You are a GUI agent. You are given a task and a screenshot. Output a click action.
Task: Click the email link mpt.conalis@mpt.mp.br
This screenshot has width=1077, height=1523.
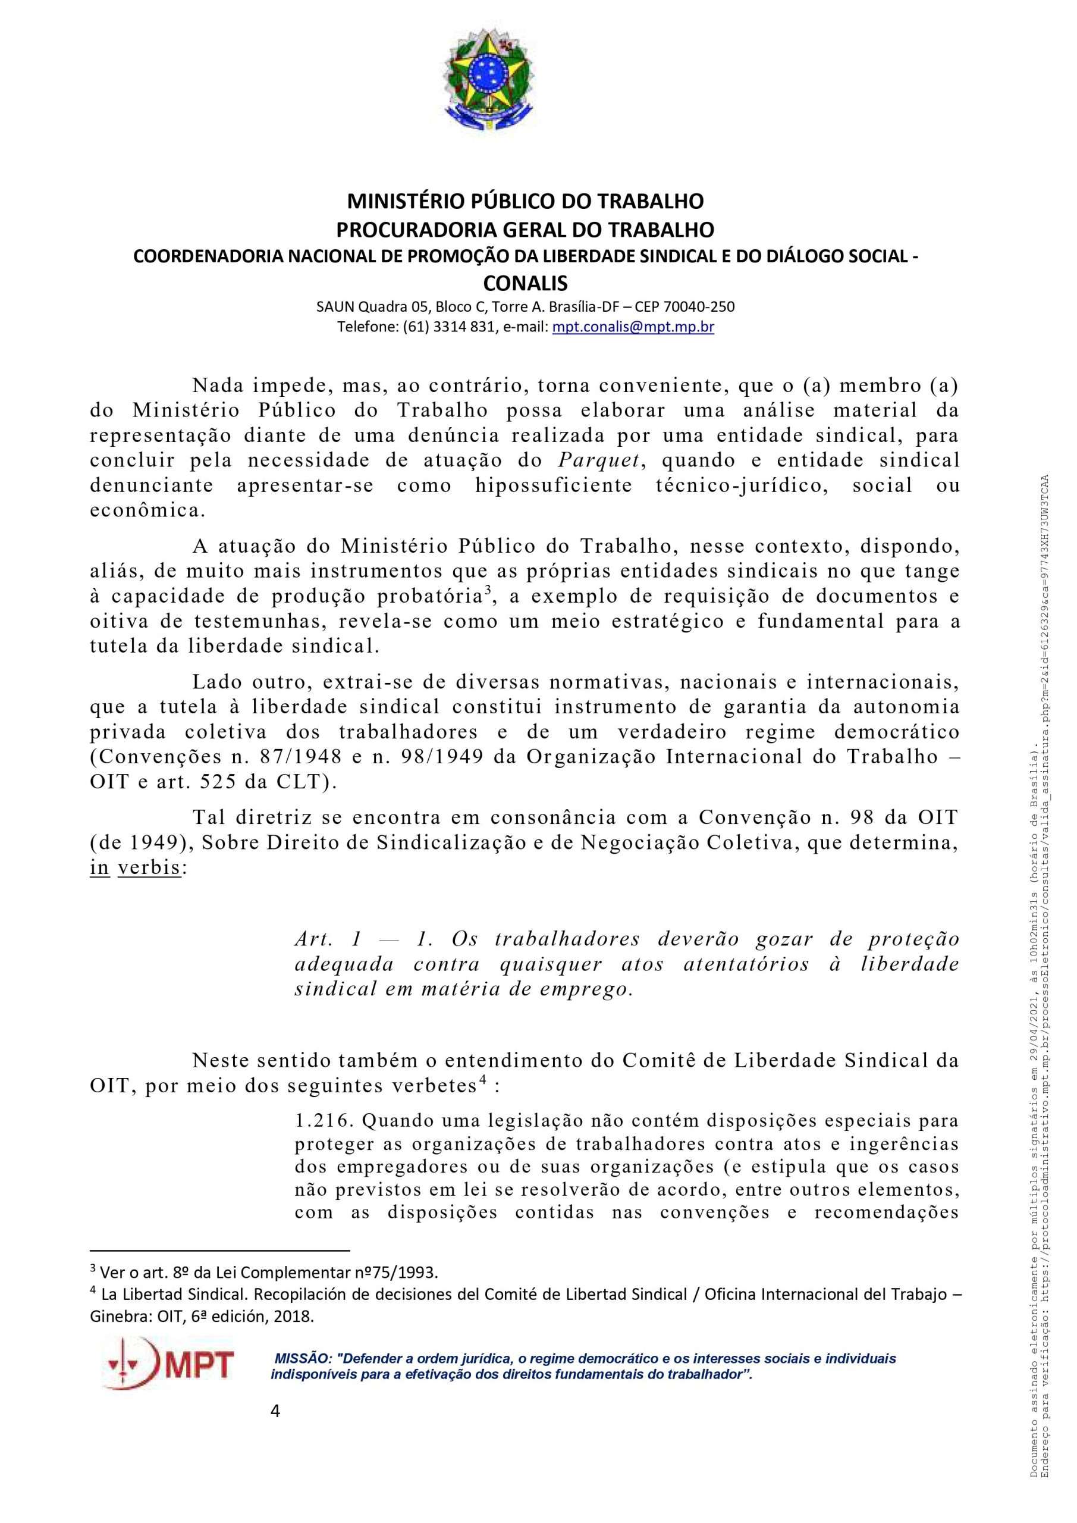633,327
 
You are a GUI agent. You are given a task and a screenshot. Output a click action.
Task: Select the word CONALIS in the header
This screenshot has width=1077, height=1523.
525,283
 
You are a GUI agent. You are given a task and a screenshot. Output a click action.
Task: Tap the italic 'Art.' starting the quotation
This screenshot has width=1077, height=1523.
311,939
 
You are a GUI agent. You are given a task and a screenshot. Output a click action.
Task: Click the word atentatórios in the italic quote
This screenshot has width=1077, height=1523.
746,964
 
